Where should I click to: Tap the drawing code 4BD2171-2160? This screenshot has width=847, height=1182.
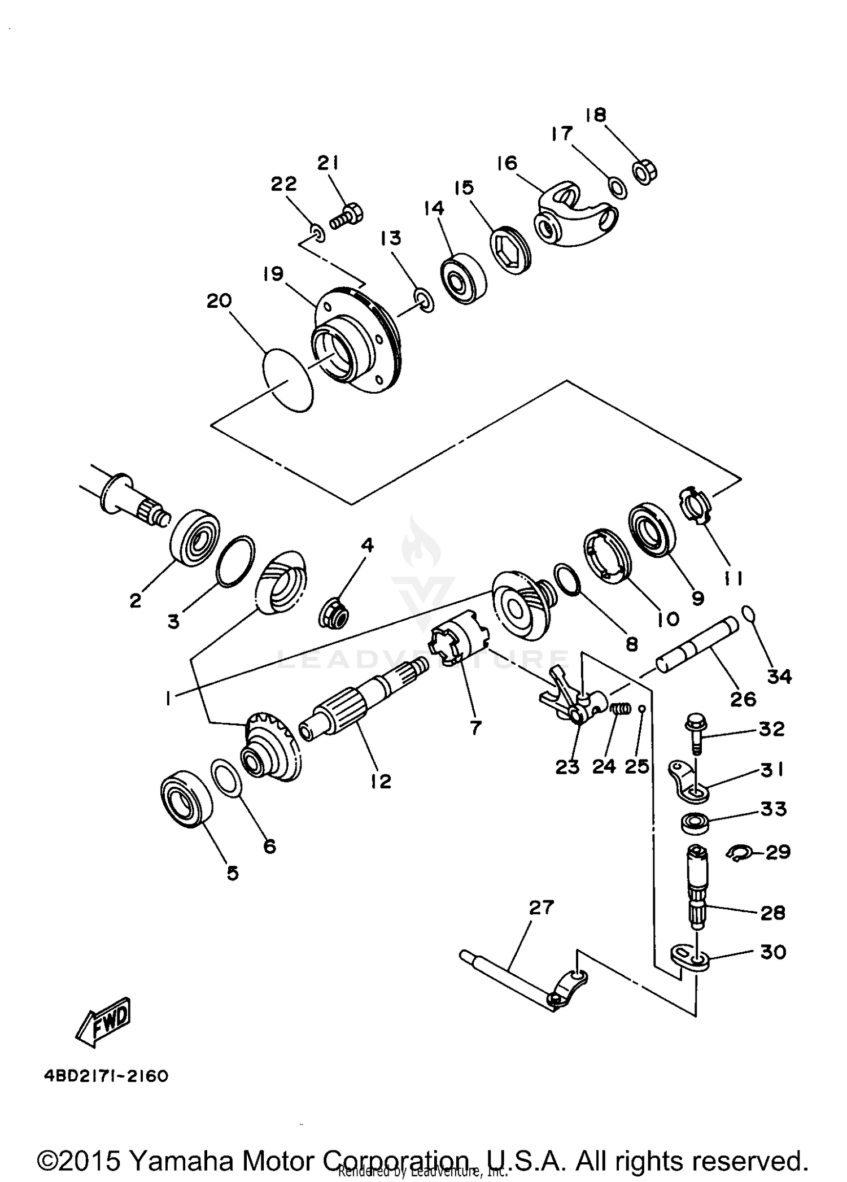[x=106, y=1076]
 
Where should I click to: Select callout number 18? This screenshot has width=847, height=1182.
[x=596, y=115]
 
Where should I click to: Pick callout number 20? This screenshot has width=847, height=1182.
[x=219, y=300]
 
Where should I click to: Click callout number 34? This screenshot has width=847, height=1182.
[x=779, y=676]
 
